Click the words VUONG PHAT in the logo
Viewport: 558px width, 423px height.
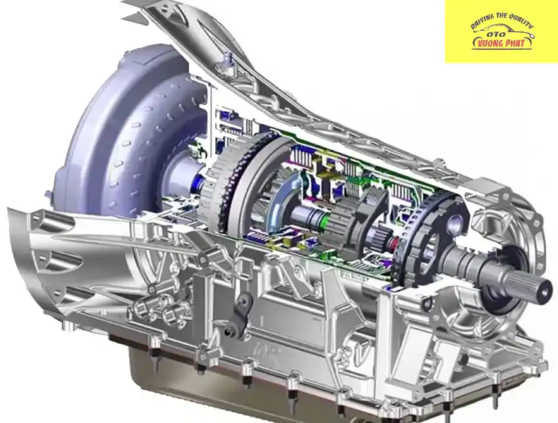tap(502, 43)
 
